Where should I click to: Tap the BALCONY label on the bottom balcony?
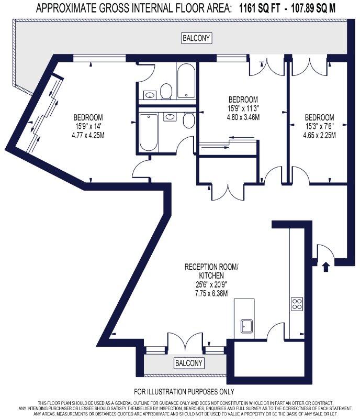coord(189,363)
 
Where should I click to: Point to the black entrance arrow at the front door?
coord(327,267)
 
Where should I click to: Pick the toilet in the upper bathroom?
coord(166,91)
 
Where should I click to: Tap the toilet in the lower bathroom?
coord(188,121)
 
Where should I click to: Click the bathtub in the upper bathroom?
coord(186,82)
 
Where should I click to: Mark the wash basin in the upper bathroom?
coord(150,95)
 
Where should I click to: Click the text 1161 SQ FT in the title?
coord(260,8)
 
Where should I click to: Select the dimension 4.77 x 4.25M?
coord(88,134)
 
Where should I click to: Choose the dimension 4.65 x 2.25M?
coord(319,135)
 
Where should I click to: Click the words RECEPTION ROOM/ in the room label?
coord(211,267)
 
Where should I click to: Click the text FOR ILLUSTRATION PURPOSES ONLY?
coord(184,392)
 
